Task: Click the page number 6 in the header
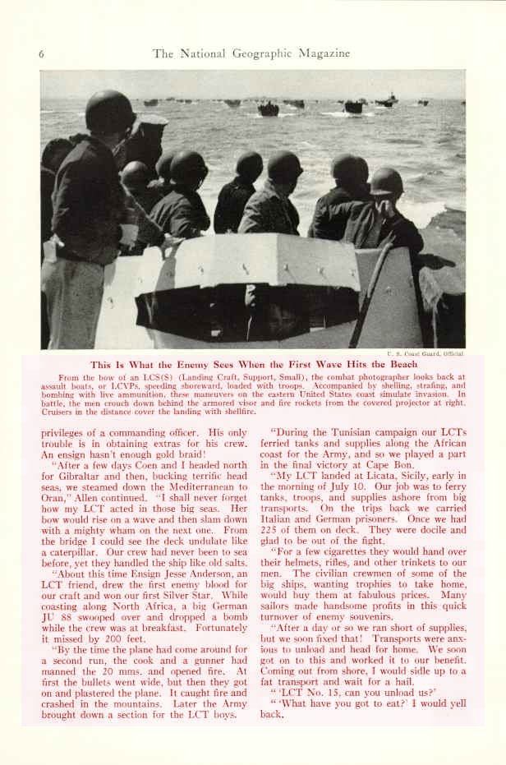coord(40,54)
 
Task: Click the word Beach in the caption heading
coord(400,364)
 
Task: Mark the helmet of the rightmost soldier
coord(386,181)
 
